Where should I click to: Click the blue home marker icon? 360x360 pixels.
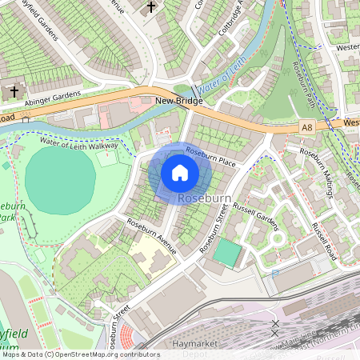click(180, 173)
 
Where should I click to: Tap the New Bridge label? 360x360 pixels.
click(179, 102)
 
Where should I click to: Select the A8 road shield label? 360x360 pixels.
click(307, 126)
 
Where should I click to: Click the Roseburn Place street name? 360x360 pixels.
click(210, 156)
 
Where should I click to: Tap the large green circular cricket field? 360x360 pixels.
click(61, 179)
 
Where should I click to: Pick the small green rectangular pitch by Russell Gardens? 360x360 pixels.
click(228, 254)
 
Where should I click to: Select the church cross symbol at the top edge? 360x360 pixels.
click(152, 8)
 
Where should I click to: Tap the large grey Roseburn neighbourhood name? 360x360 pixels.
click(205, 198)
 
